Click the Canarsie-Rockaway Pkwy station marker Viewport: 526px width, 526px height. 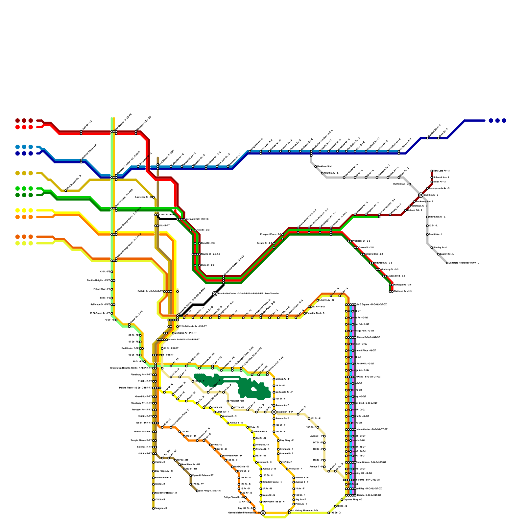(447, 263)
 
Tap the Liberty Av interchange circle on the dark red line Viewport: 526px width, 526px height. (421, 195)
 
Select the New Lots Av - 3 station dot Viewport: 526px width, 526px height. (432, 171)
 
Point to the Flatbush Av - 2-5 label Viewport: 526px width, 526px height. (403, 291)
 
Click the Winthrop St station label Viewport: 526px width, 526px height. (390, 270)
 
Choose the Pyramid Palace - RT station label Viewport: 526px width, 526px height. (203, 475)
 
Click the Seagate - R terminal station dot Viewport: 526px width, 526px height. (153, 509)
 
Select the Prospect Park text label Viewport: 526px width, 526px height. (237, 401)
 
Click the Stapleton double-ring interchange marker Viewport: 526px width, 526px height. (274, 412)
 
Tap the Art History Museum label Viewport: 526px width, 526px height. (304, 511)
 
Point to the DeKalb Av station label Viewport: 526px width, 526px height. (150, 292)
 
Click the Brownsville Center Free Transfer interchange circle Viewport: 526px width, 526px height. (215, 294)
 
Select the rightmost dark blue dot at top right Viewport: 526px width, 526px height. (504, 121)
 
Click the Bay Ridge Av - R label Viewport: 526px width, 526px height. (164, 471)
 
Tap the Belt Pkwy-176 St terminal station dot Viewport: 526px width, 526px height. (197, 491)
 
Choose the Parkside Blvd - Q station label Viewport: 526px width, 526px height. (316, 313)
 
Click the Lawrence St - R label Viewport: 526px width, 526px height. (143, 197)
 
